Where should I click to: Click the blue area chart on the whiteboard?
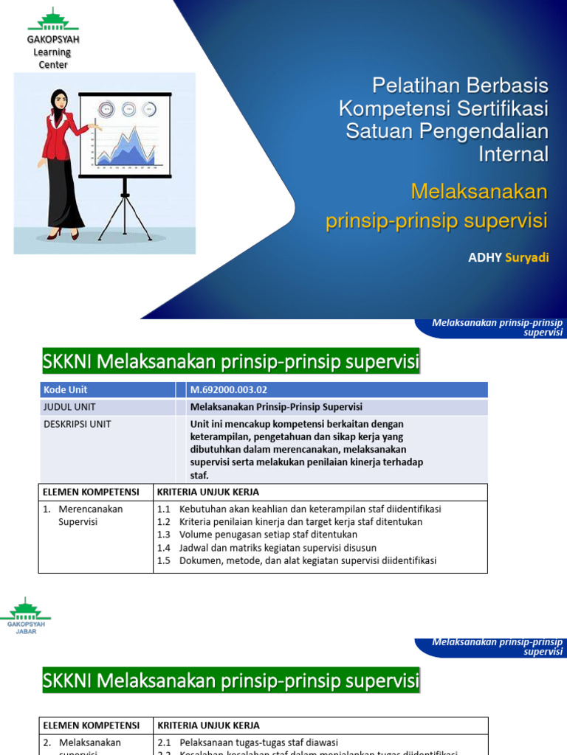tap(126, 147)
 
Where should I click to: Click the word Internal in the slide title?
tap(513, 154)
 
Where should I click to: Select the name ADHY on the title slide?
tap(485, 257)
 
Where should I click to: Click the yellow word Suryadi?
tap(527, 257)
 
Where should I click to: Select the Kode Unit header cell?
tap(66, 389)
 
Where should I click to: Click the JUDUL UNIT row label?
tap(69, 407)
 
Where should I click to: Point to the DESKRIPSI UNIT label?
tap(78, 424)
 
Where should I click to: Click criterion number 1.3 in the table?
tap(163, 535)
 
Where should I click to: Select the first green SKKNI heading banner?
tap(230, 362)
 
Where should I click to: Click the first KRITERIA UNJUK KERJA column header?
tap(207, 492)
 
